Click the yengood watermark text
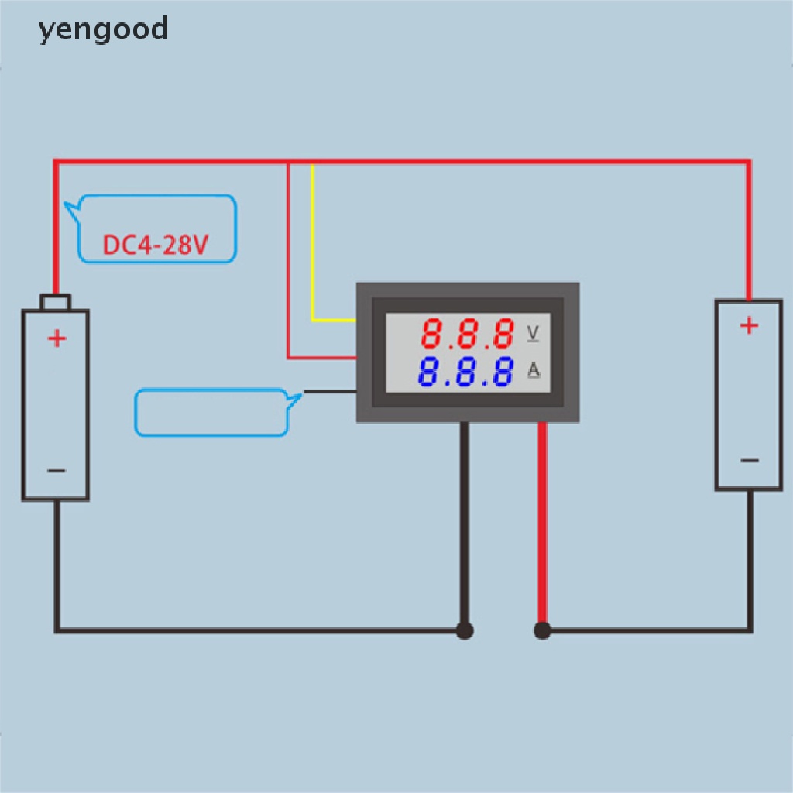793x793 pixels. (x=103, y=29)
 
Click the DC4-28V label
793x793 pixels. (x=156, y=245)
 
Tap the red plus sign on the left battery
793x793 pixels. (x=57, y=338)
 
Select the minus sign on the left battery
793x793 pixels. (x=57, y=470)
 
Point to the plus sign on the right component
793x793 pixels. (x=749, y=326)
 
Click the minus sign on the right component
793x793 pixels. (x=749, y=461)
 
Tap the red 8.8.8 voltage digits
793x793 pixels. (x=468, y=335)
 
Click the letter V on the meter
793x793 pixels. (x=533, y=333)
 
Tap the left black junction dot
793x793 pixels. (x=465, y=630)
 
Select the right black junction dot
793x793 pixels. (x=542, y=630)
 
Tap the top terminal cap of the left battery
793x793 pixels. (x=57, y=302)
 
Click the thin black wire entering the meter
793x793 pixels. (x=329, y=392)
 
